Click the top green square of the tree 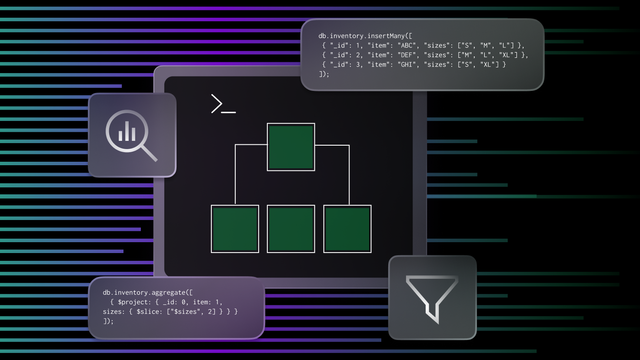[291, 147]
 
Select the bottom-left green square [235, 229]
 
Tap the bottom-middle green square [291, 229]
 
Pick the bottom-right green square [347, 229]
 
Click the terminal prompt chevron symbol [217, 103]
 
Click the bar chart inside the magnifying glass [127, 131]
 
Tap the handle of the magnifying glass [150, 153]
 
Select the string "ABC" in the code [407, 45]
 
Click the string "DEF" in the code [407, 55]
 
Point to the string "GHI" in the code [407, 65]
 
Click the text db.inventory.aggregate [144, 293]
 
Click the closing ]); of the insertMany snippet [324, 74]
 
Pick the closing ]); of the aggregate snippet [108, 321]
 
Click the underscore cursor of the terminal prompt [229, 112]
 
